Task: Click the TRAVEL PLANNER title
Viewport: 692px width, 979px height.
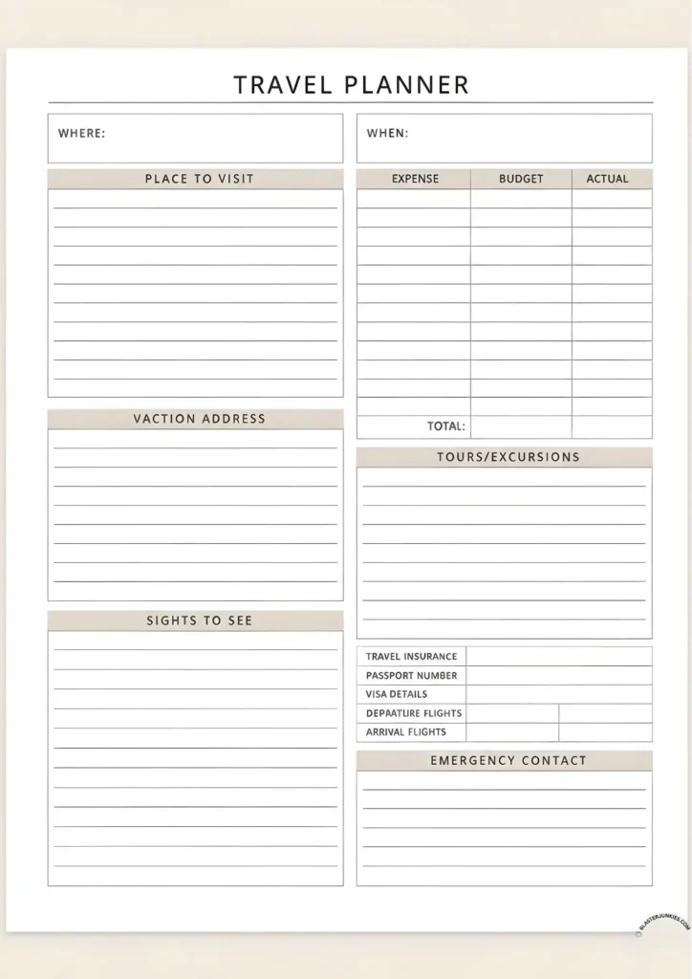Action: tap(351, 84)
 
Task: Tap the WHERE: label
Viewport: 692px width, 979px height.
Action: tap(81, 133)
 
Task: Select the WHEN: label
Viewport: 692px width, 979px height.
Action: tap(387, 133)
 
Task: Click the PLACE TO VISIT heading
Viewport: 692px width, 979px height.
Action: tap(199, 179)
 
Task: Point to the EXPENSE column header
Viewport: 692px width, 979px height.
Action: tap(415, 179)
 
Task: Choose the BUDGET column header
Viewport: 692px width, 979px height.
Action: tap(521, 179)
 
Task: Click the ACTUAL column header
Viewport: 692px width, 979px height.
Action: tap(607, 179)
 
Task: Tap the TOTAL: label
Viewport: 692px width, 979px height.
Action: tap(445, 426)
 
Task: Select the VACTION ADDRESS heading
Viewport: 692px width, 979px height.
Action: tap(199, 419)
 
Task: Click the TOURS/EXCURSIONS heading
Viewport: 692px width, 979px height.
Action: tap(508, 457)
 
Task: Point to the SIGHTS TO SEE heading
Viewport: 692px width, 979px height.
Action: tap(199, 620)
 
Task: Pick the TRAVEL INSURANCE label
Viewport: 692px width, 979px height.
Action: tap(411, 657)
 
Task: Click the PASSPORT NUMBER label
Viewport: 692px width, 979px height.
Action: tap(411, 676)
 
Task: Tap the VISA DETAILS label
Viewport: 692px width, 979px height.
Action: tap(396, 694)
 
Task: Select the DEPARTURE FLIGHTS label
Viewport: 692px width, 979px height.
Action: tap(413, 713)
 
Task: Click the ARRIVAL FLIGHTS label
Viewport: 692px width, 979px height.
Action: tap(405, 732)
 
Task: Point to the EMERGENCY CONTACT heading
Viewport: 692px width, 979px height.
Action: tap(508, 761)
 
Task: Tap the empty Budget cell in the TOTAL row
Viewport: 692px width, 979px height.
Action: tap(521, 426)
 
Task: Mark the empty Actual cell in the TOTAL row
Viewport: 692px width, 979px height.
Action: tap(612, 426)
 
